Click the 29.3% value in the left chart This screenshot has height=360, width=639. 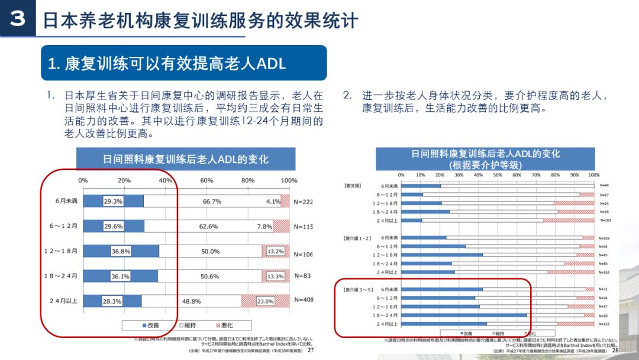click(x=113, y=201)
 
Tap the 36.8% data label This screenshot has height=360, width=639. click(x=121, y=251)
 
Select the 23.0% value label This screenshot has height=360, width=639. click(x=266, y=301)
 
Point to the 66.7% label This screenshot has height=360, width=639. click(x=212, y=201)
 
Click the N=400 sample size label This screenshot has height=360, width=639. click(x=303, y=300)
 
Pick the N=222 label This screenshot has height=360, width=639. click(x=303, y=201)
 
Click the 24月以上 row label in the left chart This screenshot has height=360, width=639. click(x=63, y=301)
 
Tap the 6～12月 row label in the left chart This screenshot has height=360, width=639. click(x=63, y=226)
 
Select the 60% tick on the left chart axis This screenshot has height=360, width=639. click(x=206, y=180)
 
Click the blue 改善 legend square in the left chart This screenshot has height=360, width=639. click(x=144, y=326)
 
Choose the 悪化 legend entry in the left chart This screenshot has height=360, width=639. click(x=227, y=326)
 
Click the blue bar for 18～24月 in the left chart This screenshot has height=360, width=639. click(x=121, y=276)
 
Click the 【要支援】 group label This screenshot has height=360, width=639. click(x=353, y=185)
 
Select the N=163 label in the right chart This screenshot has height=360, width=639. click(x=604, y=272)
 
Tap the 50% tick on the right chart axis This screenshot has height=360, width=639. click(x=498, y=175)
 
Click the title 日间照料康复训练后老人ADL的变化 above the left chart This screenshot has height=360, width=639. click(x=186, y=159)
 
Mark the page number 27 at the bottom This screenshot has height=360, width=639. click(x=310, y=350)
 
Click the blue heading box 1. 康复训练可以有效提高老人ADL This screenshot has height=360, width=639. click(x=183, y=63)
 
